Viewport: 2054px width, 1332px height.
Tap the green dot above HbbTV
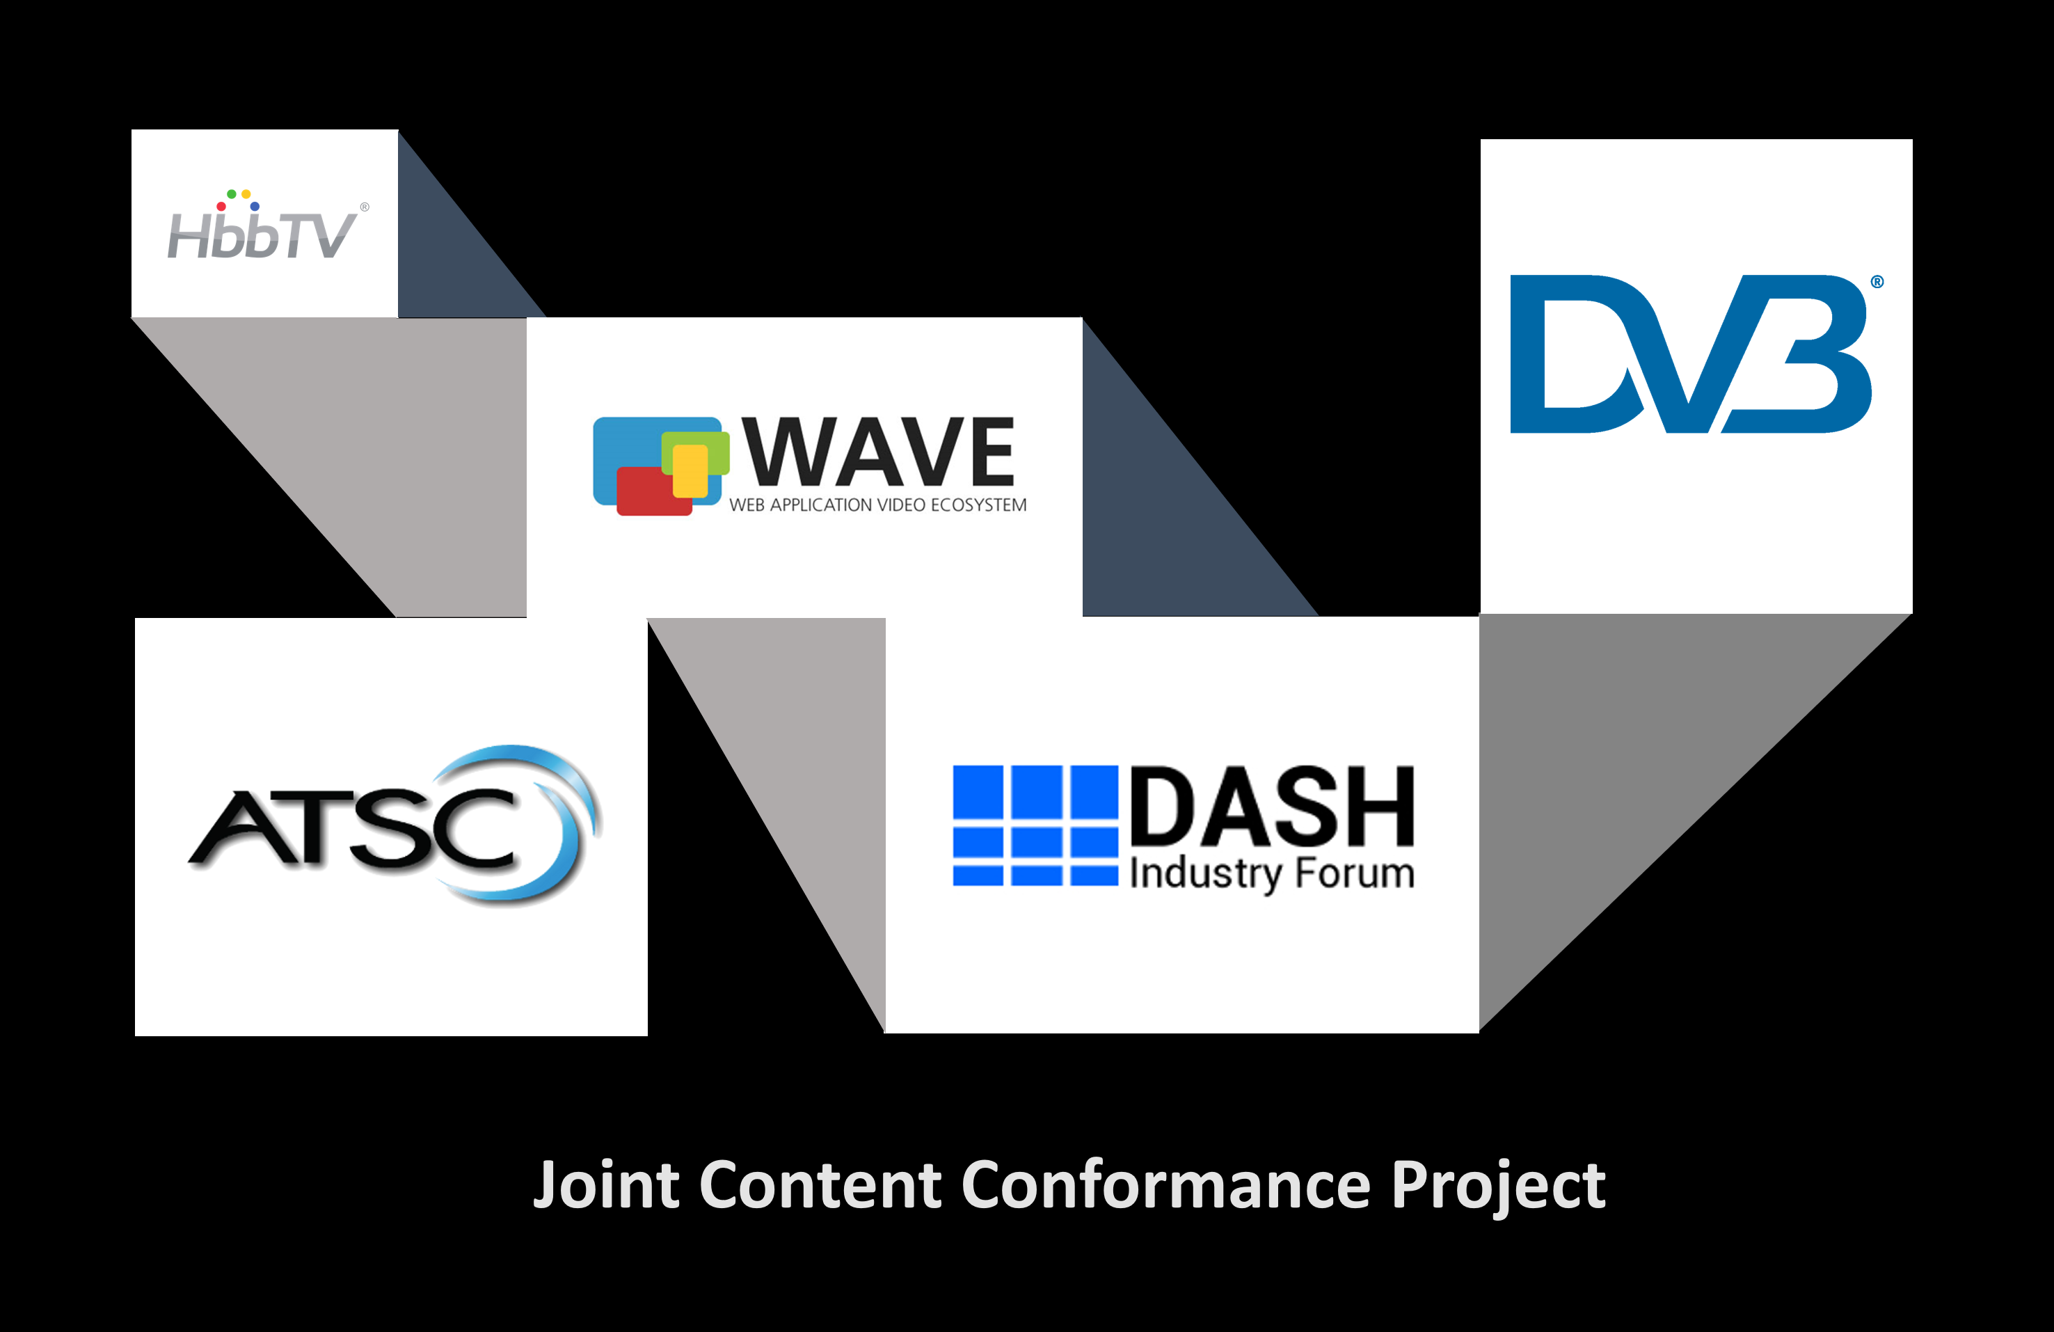[231, 194]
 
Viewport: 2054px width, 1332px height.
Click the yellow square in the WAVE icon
[690, 470]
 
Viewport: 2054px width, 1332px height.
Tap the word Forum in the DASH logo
[1355, 873]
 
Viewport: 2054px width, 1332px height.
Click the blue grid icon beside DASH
[1035, 825]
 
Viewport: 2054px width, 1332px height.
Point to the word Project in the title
[1497, 1187]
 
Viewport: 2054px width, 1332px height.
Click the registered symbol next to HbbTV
[365, 207]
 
